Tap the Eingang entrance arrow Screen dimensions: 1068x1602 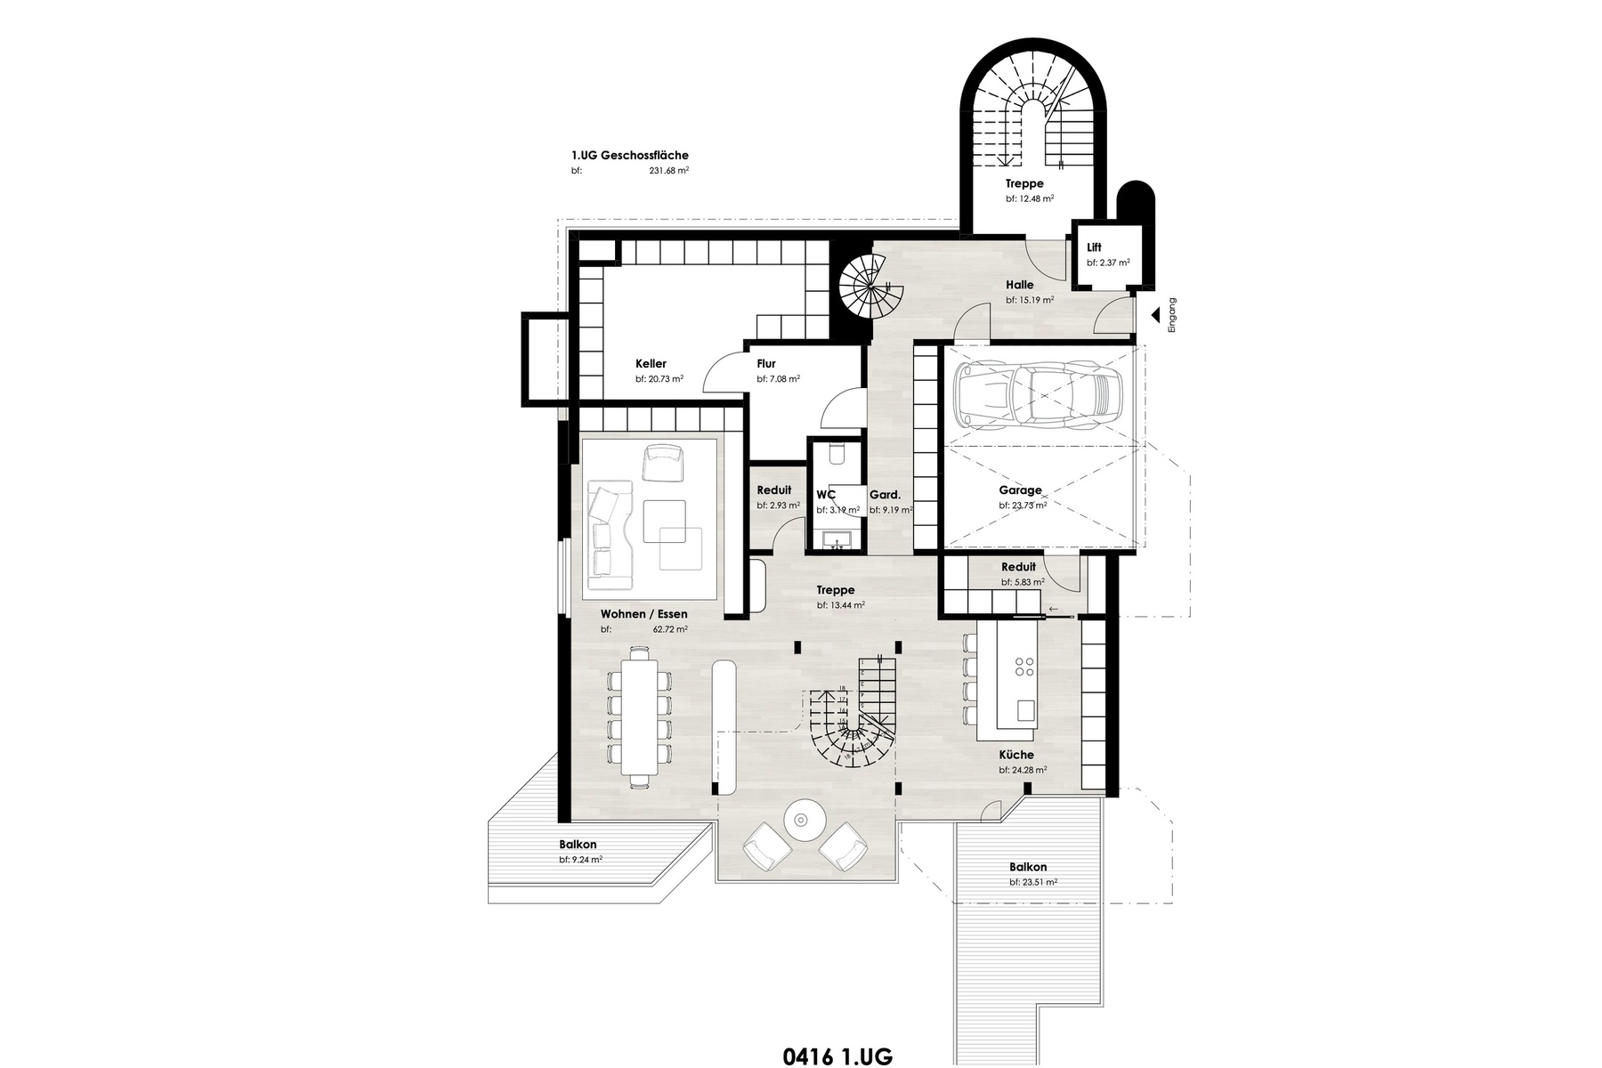[x=1154, y=315]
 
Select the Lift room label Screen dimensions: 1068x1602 [x=1094, y=247]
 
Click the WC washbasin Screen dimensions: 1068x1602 [x=837, y=539]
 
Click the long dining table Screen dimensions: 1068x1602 [x=638, y=716]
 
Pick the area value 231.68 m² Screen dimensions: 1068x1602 [x=669, y=171]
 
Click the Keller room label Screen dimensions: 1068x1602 [x=651, y=363]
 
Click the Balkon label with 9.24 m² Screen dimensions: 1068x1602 [x=578, y=845]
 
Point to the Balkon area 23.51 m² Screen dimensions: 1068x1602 [x=1033, y=883]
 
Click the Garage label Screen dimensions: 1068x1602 [x=1020, y=490]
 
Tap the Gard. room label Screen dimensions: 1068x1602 [x=885, y=495]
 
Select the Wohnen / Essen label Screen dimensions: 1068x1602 [x=643, y=614]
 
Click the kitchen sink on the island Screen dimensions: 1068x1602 [x=1025, y=710]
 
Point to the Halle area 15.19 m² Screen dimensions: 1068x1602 [x=1030, y=301]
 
